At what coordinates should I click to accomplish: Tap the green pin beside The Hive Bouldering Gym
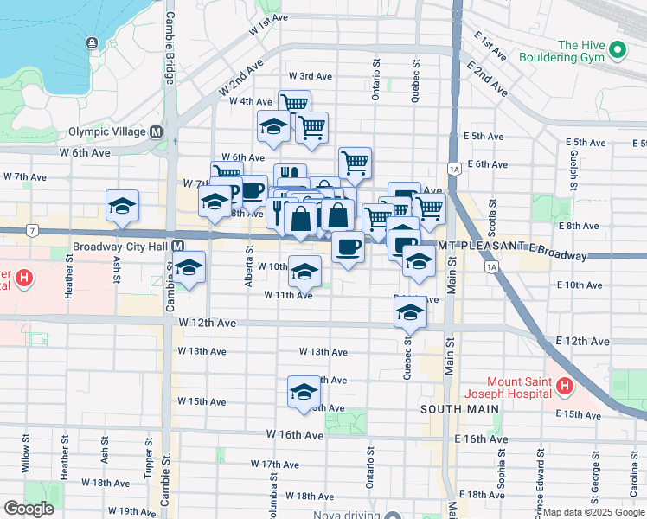coord(618,51)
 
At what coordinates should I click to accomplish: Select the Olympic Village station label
coord(107,132)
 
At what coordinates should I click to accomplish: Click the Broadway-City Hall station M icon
coord(177,246)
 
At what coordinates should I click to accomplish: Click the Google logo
coord(29,509)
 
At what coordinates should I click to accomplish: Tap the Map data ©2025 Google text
coord(593,512)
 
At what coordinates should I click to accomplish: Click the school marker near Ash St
coord(122,206)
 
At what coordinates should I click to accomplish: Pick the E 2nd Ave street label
coord(486,76)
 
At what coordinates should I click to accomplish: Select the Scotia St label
coord(493,218)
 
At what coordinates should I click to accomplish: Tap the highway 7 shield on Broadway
coord(32,231)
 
